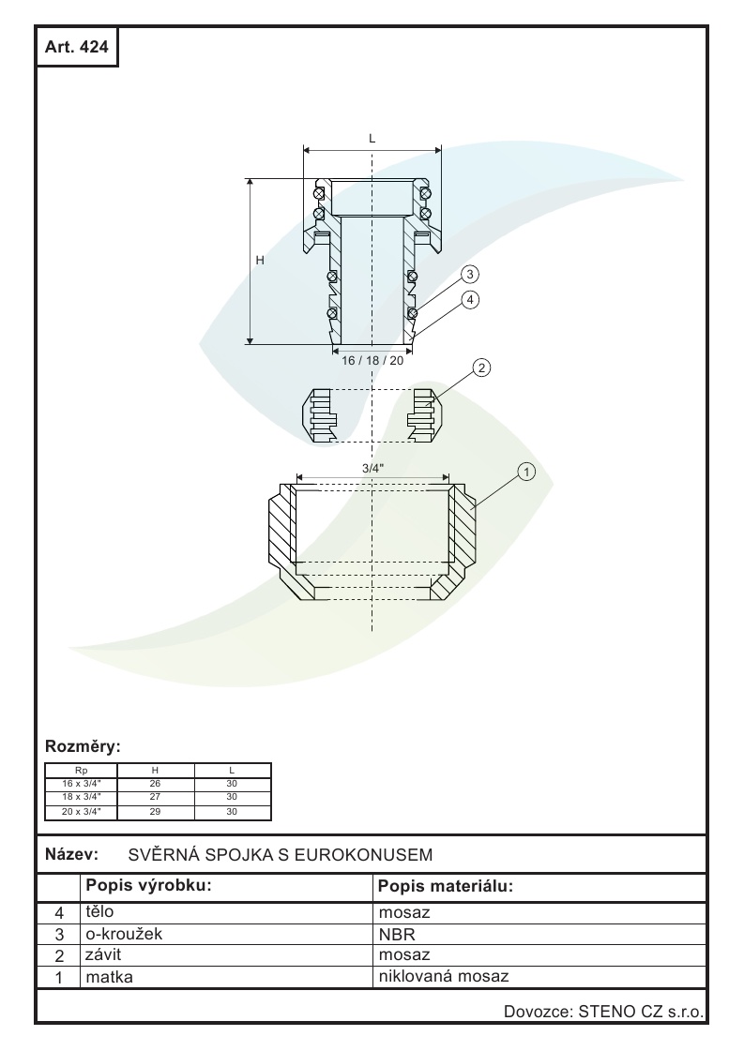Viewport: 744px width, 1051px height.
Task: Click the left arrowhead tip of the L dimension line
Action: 304,150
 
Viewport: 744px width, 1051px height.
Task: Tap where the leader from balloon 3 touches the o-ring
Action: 417,311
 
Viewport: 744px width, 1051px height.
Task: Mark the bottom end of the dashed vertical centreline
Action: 372,631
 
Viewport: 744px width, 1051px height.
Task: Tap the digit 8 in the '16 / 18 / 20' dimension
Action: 375,361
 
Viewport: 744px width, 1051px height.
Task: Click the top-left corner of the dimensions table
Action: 45,763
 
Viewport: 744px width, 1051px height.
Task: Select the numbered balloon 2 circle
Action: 481,368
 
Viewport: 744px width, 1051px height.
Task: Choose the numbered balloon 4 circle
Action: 470,300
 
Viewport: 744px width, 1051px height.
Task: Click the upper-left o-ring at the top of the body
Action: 319,193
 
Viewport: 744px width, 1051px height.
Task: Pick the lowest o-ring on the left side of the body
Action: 331,313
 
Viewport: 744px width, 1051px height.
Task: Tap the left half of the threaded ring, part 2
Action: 319,415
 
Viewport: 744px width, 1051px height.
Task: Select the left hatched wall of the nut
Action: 281,530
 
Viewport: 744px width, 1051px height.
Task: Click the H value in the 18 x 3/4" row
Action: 155,797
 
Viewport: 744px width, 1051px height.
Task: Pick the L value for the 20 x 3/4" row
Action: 232,812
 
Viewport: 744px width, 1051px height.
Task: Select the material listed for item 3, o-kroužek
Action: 397,934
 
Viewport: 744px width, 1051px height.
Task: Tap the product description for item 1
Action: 110,977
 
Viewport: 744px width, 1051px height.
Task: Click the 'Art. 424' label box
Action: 77,46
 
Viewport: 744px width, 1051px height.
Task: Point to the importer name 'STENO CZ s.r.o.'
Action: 641,1012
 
